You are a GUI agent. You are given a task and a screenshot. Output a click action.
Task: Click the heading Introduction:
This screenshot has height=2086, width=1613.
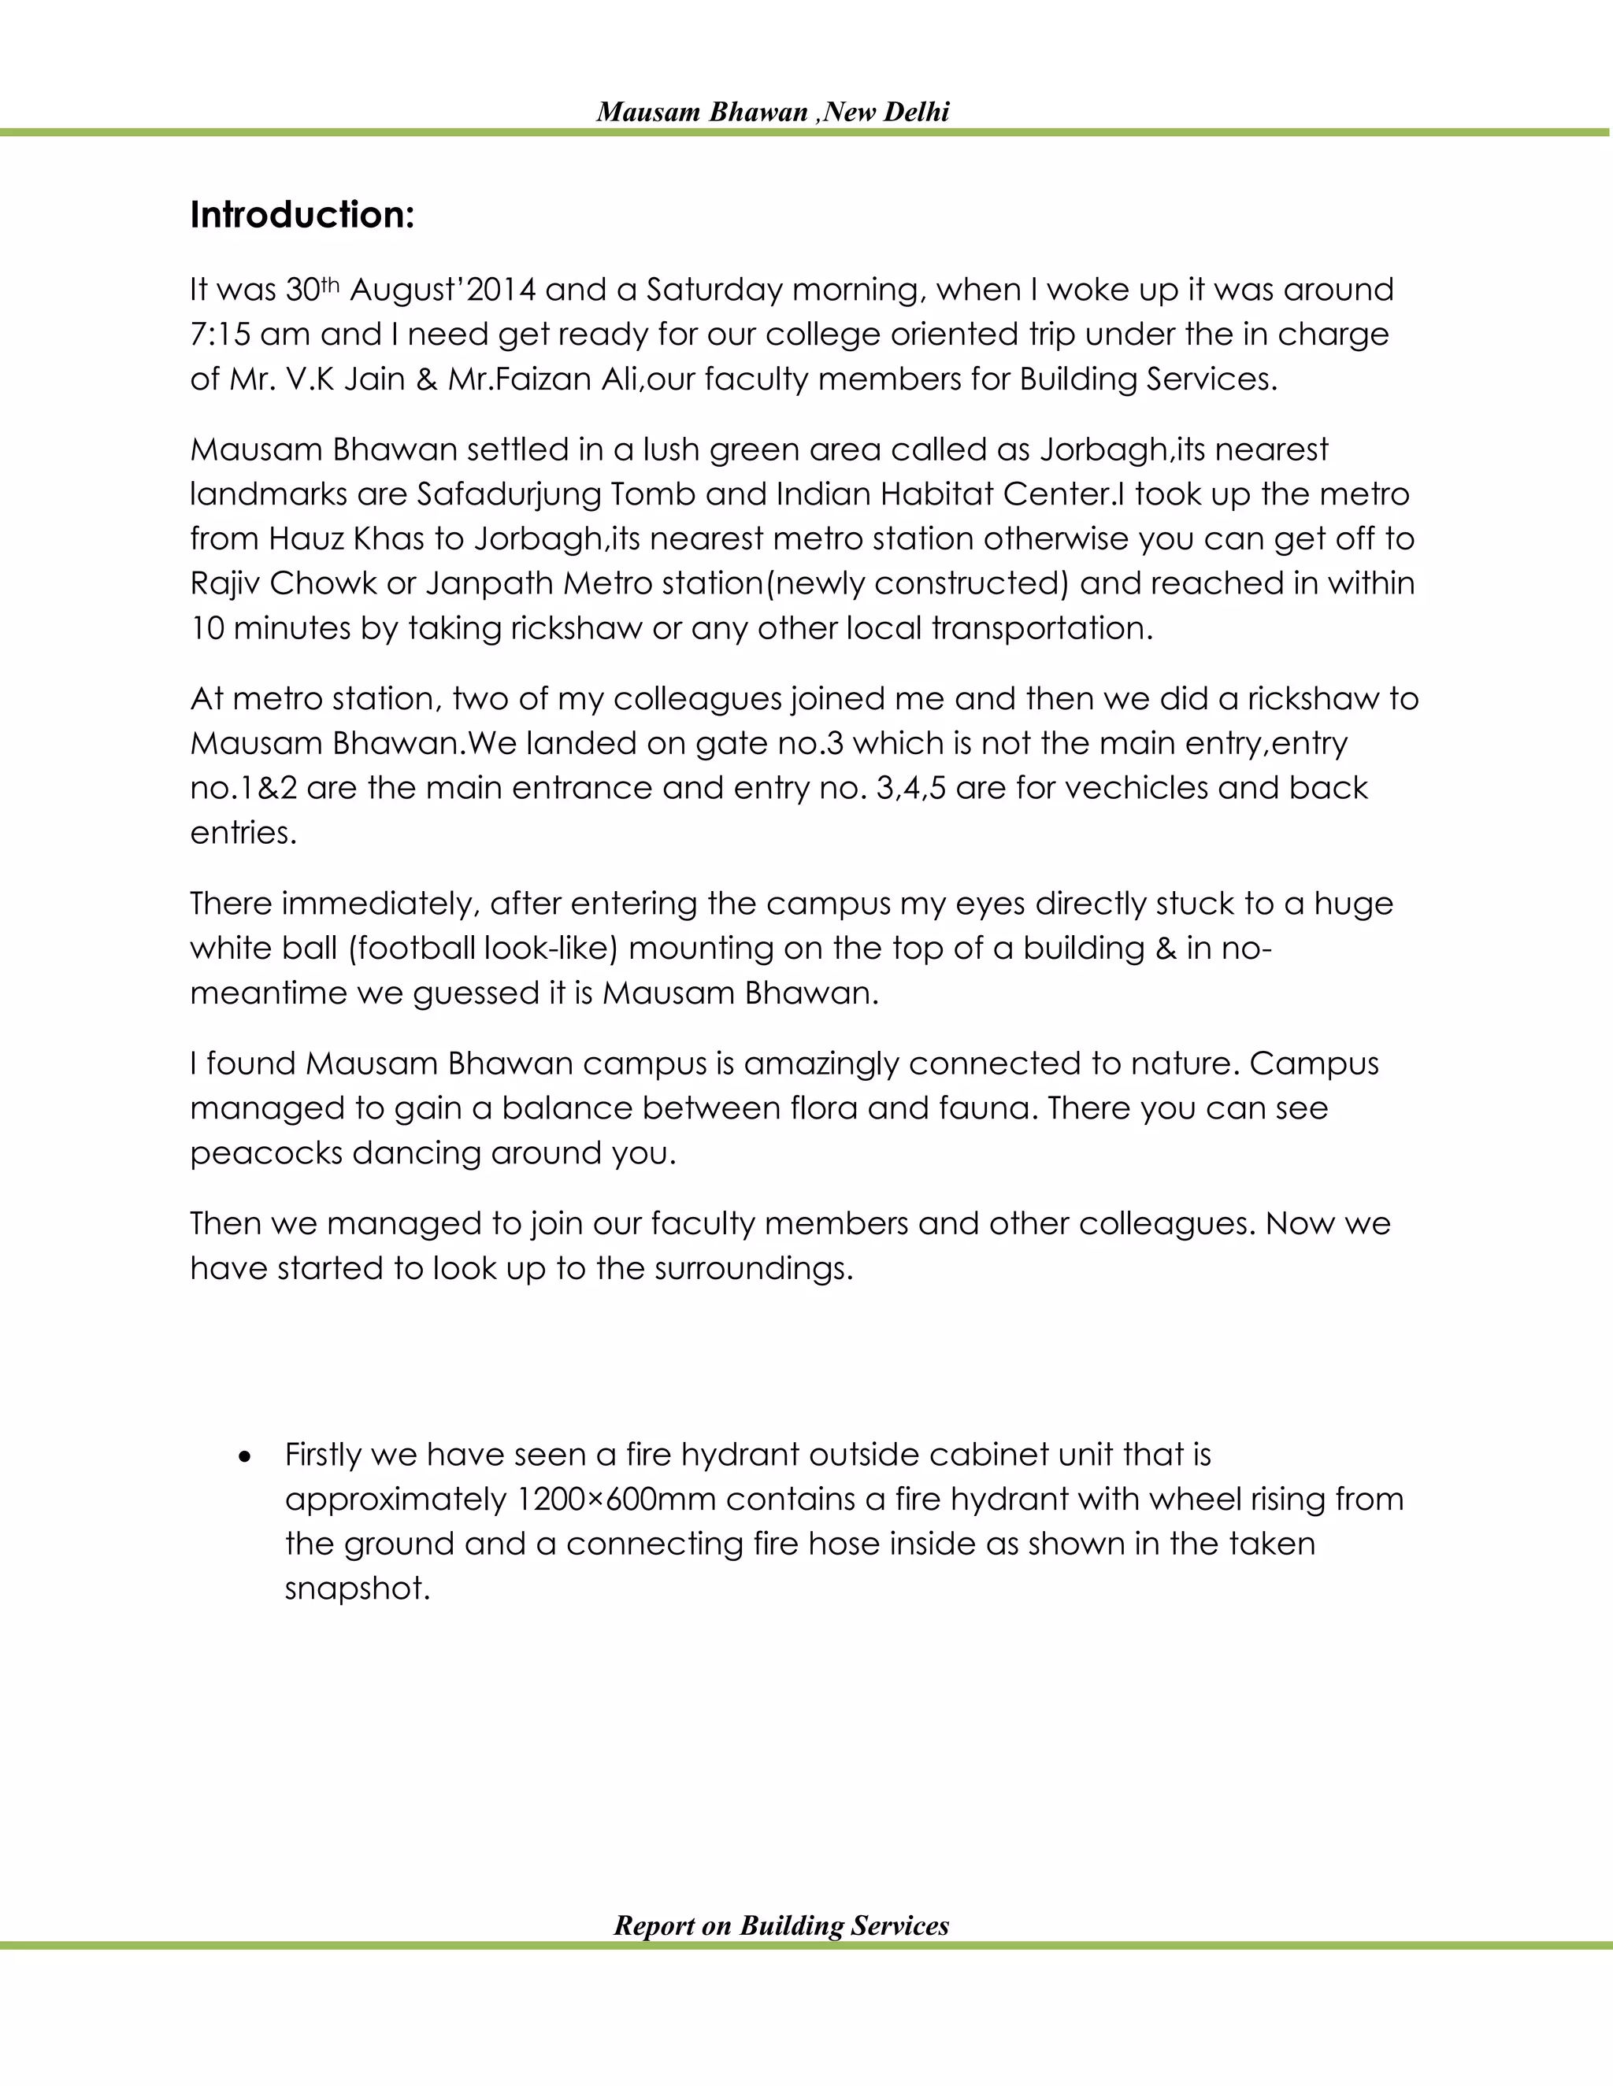point(302,216)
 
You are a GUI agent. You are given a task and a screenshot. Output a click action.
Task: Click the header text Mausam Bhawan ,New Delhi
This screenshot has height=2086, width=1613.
point(772,113)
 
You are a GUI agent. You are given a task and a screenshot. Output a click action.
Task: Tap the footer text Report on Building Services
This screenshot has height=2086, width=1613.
point(781,1925)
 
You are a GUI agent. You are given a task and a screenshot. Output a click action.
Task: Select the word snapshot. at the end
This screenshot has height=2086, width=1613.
point(358,1589)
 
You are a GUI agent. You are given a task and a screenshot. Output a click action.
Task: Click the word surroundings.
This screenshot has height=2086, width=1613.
point(753,1268)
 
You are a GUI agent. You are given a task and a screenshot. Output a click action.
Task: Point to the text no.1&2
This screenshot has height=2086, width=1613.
point(243,788)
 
